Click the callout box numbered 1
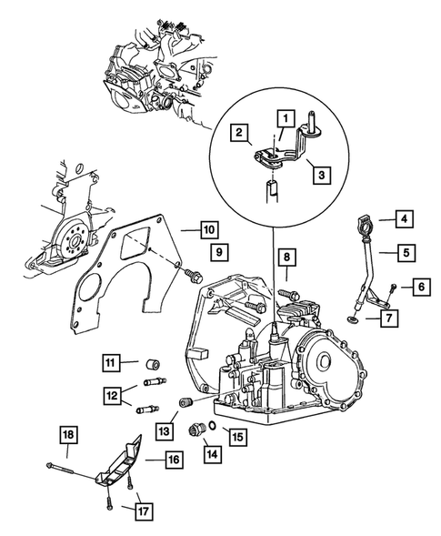[286, 119]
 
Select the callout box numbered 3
[322, 175]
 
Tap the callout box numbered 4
[405, 218]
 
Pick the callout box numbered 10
[209, 229]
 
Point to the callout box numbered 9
[219, 252]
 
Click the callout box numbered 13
[165, 430]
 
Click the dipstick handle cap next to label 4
[366, 225]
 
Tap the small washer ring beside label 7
[352, 319]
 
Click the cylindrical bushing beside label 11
[153, 364]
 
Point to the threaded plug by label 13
[186, 402]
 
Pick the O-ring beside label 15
[212, 425]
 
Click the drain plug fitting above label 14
[196, 430]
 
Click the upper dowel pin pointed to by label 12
[155, 381]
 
